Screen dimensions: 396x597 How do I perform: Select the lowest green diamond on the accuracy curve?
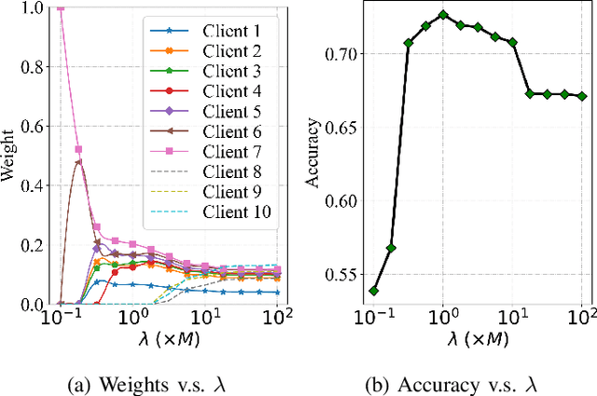coord(375,291)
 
